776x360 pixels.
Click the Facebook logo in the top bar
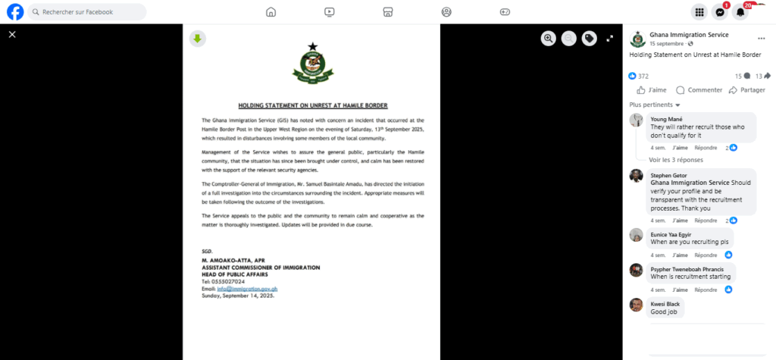15,12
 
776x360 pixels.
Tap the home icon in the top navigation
271,12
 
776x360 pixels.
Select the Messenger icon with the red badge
720,12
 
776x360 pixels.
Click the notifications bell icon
741,12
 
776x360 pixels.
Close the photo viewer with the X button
12,34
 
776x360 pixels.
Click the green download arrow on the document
197,39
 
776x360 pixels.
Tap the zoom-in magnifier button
549,39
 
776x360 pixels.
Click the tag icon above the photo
589,39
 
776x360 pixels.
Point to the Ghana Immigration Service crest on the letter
311,63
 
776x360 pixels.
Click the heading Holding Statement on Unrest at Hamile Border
312,105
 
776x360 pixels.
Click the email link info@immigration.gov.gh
246,289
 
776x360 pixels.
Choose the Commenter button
699,90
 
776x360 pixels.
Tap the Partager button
746,90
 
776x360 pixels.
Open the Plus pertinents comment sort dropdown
655,105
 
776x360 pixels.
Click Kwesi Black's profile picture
637,305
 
